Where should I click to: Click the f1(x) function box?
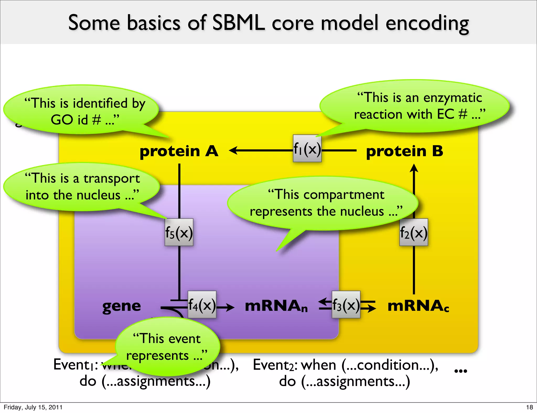307,149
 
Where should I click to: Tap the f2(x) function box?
414,232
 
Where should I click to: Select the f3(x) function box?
346,305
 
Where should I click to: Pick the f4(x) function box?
202,305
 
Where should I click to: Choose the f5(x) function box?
179,232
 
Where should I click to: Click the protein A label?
179,151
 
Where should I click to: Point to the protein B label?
404,151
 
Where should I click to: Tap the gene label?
122,306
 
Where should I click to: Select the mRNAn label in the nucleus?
276,306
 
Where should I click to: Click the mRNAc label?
418,306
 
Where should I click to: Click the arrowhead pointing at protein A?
233,150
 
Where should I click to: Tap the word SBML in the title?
238,23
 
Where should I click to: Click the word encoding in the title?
427,24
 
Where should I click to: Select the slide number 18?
529,407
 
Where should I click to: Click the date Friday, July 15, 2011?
33,407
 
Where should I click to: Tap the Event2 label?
275,365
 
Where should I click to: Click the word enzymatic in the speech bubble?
453,98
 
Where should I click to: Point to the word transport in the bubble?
112,179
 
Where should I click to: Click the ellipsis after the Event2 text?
461,371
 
